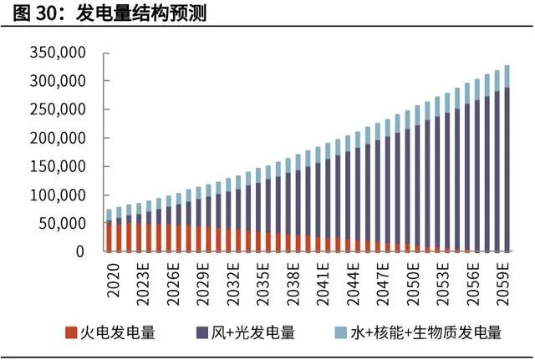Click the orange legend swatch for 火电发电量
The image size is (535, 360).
[x=71, y=333]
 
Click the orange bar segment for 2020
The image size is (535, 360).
[x=109, y=237]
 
